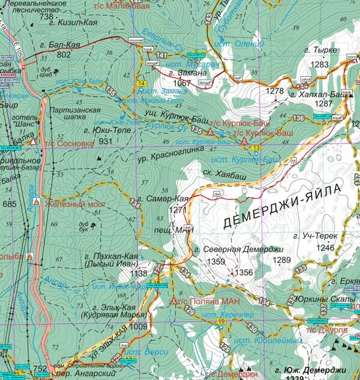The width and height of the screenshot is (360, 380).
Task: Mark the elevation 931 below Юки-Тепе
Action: (106, 141)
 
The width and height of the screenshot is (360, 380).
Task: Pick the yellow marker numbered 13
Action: (256, 148)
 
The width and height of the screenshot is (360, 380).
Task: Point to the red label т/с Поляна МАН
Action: (202, 301)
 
